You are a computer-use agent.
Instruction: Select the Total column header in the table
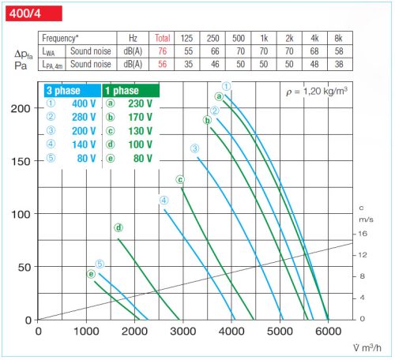click(x=163, y=37)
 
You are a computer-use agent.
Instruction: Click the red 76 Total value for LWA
click(x=163, y=51)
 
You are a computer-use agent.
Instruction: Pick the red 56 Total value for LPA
click(x=163, y=65)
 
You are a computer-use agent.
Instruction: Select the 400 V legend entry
click(x=75, y=104)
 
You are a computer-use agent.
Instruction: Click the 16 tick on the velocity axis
click(x=363, y=234)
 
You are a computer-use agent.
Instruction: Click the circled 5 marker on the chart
click(x=100, y=264)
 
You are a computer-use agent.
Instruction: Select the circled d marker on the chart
click(x=118, y=228)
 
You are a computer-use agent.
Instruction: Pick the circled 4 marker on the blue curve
click(x=164, y=201)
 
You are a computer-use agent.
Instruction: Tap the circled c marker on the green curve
click(x=180, y=179)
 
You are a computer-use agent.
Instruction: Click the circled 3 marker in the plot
click(x=194, y=148)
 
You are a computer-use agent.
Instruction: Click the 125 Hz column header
click(x=186, y=37)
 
